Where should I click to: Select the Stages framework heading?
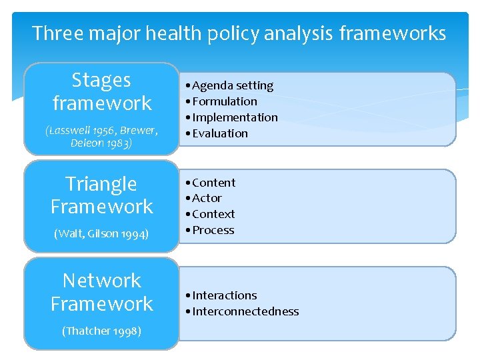(x=101, y=91)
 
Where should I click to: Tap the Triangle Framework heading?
(x=101, y=195)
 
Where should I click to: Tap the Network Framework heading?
(x=101, y=292)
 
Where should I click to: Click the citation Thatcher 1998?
(x=101, y=331)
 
